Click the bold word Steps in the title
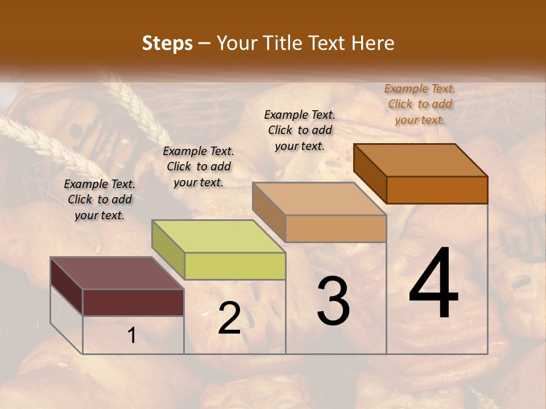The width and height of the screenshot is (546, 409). point(167,43)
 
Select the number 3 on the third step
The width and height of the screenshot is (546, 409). point(333,301)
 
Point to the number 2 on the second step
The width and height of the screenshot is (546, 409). point(229,318)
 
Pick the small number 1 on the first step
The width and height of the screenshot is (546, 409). point(131,336)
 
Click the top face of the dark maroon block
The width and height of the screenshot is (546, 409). point(117,273)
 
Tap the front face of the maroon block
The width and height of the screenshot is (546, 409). point(133,302)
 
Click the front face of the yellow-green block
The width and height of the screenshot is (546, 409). point(235,266)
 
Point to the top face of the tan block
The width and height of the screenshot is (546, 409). point(319,199)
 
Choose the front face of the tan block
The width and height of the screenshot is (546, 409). point(336,228)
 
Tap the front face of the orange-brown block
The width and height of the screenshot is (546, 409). point(437,190)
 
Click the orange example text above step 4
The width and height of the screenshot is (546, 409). point(420,104)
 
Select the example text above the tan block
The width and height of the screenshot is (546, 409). point(300,130)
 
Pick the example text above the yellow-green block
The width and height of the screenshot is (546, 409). point(198,166)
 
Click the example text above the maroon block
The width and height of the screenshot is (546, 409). point(100,199)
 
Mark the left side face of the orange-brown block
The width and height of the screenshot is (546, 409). point(370,173)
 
